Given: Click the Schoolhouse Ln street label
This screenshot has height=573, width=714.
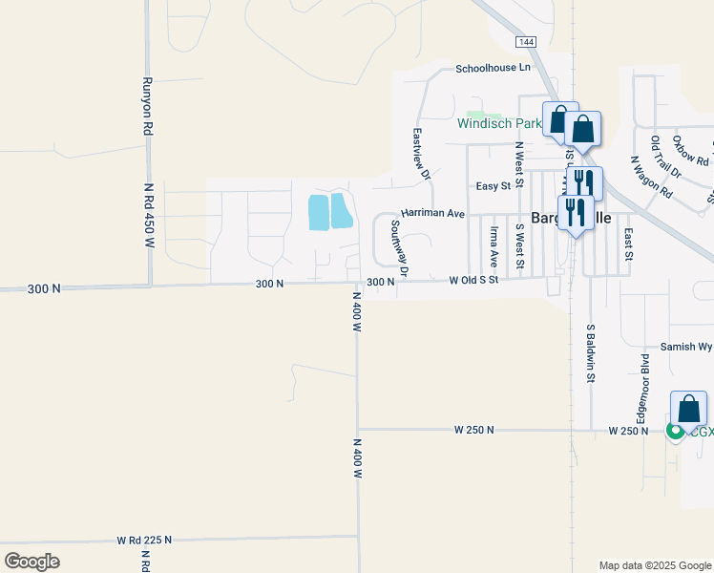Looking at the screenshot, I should [492, 68].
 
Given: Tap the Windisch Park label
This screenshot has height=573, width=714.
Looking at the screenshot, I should [499, 123].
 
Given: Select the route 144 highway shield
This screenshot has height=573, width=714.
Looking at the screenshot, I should [524, 42].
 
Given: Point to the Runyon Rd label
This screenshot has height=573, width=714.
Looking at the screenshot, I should [149, 105].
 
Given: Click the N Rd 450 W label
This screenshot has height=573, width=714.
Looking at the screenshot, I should [149, 216].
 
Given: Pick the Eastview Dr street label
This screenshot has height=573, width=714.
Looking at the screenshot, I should [420, 155].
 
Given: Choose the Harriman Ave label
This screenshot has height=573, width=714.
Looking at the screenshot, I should [432, 213].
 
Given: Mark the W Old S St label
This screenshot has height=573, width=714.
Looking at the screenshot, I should [473, 281].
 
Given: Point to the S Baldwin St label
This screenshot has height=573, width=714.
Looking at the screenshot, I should [591, 353].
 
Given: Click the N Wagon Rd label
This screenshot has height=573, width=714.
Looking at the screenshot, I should [651, 177].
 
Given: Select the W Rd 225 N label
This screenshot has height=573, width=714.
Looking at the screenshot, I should [144, 540].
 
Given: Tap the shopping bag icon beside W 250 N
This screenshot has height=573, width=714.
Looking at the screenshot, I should [688, 410].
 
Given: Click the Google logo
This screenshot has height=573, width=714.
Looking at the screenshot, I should [31, 562].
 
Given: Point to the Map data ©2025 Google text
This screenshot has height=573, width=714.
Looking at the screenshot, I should [654, 565].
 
